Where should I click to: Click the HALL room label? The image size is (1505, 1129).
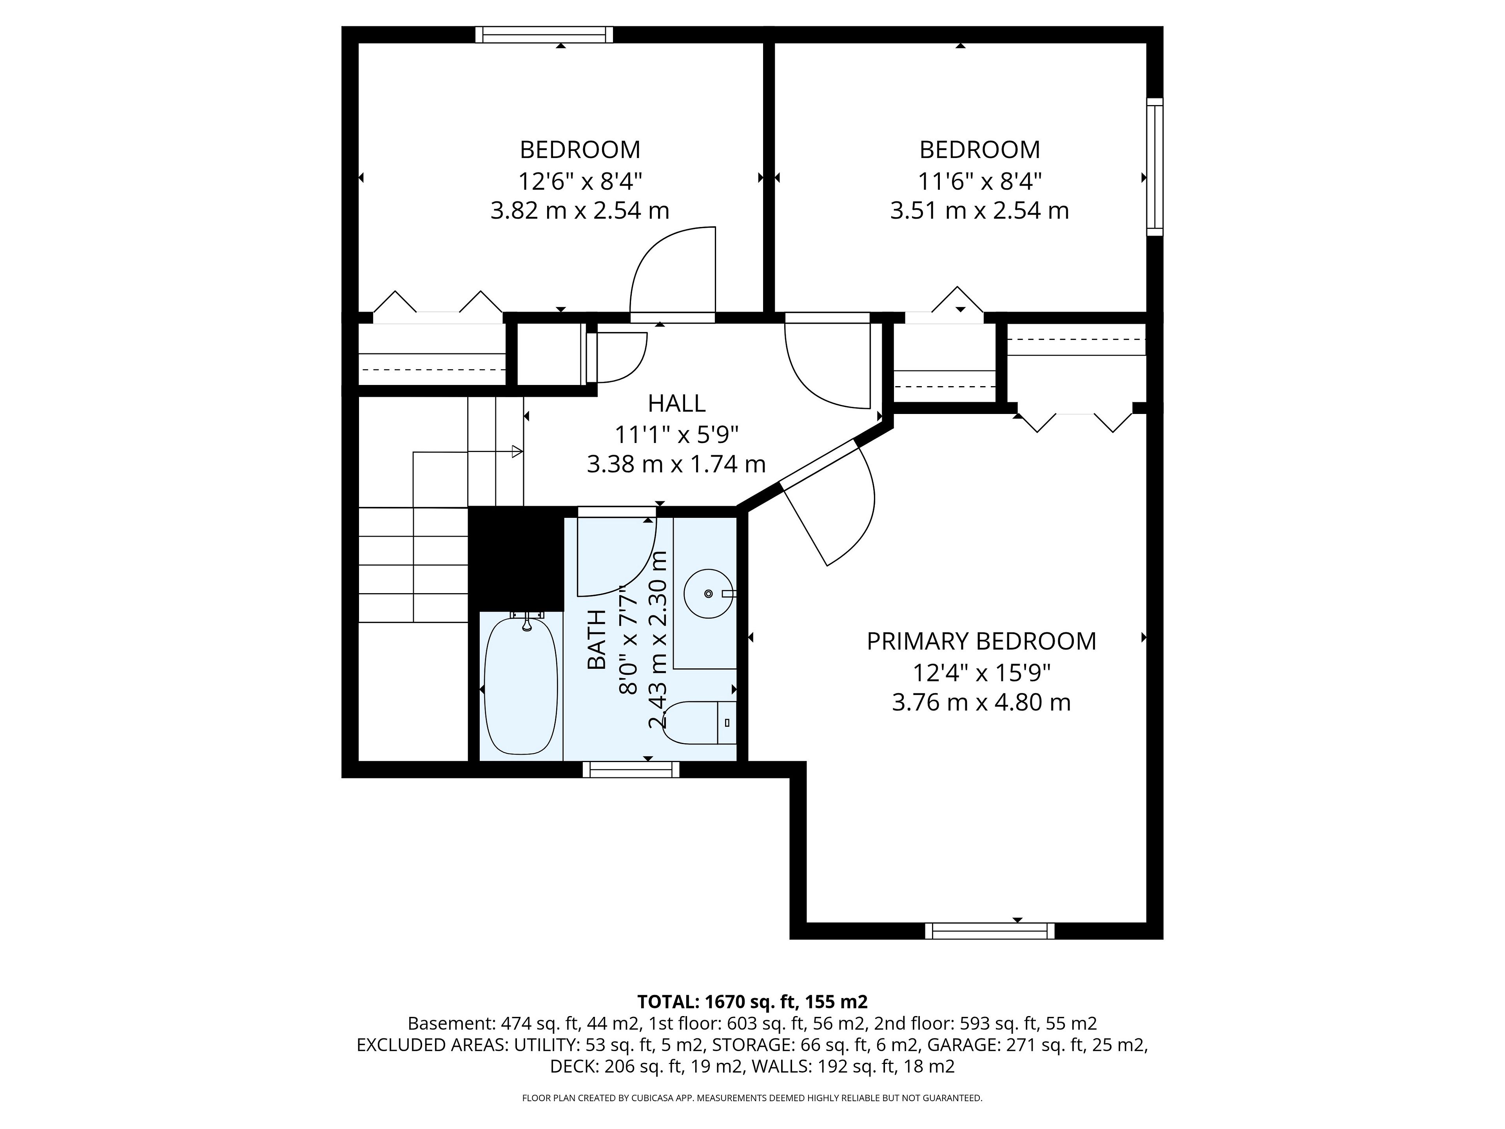click(676, 403)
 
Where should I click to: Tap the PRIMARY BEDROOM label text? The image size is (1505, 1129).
click(981, 641)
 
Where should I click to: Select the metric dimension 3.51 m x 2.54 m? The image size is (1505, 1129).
click(980, 211)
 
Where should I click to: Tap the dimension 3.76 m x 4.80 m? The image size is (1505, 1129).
click(981, 702)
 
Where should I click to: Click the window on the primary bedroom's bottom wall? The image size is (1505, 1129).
click(990, 931)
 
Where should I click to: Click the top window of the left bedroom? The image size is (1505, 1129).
click(544, 35)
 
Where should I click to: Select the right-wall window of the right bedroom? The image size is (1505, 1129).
click(1155, 167)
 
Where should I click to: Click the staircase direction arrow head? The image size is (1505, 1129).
click(517, 451)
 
